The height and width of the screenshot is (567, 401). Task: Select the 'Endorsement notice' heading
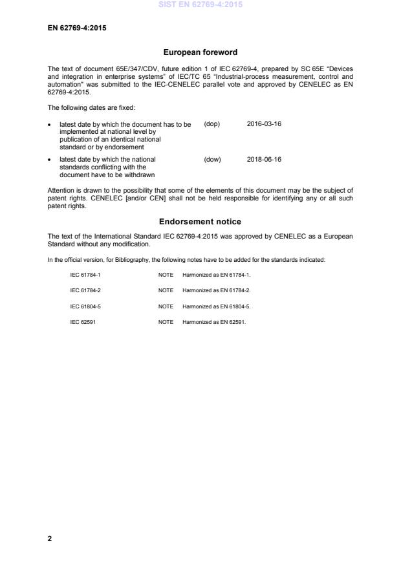[x=200, y=221]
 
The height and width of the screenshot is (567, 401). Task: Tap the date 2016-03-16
[x=264, y=123]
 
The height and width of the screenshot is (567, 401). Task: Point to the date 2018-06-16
[x=264, y=159]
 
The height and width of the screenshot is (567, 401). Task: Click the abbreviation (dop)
[x=212, y=123]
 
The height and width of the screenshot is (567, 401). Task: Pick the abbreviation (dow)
[x=212, y=159]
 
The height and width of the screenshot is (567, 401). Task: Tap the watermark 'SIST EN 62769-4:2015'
[x=200, y=5]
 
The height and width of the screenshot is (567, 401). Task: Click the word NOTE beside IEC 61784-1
[x=166, y=275]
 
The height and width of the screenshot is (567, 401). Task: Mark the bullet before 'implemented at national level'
[x=50, y=124]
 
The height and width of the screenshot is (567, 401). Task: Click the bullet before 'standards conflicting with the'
[x=50, y=160]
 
